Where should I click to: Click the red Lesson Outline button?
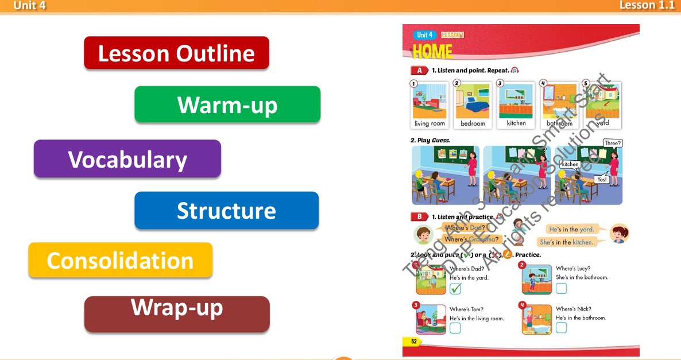176,53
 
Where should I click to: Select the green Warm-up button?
227,104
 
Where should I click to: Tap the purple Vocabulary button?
127,159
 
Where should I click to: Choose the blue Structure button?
226,211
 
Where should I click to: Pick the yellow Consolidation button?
120,260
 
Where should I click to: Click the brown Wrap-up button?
177,313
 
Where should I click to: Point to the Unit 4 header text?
29,6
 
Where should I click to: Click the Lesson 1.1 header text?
647,5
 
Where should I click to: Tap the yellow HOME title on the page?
432,52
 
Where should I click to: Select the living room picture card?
430,104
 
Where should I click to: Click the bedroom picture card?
473,104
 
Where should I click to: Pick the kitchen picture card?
516,104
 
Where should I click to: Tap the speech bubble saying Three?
613,143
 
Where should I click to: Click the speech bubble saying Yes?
602,179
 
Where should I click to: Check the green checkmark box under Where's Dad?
455,289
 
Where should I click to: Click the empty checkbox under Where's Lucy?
561,288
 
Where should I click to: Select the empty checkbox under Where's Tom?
455,328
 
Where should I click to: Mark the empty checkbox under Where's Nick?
561,327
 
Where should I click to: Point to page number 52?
413,341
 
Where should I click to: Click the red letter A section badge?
419,71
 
